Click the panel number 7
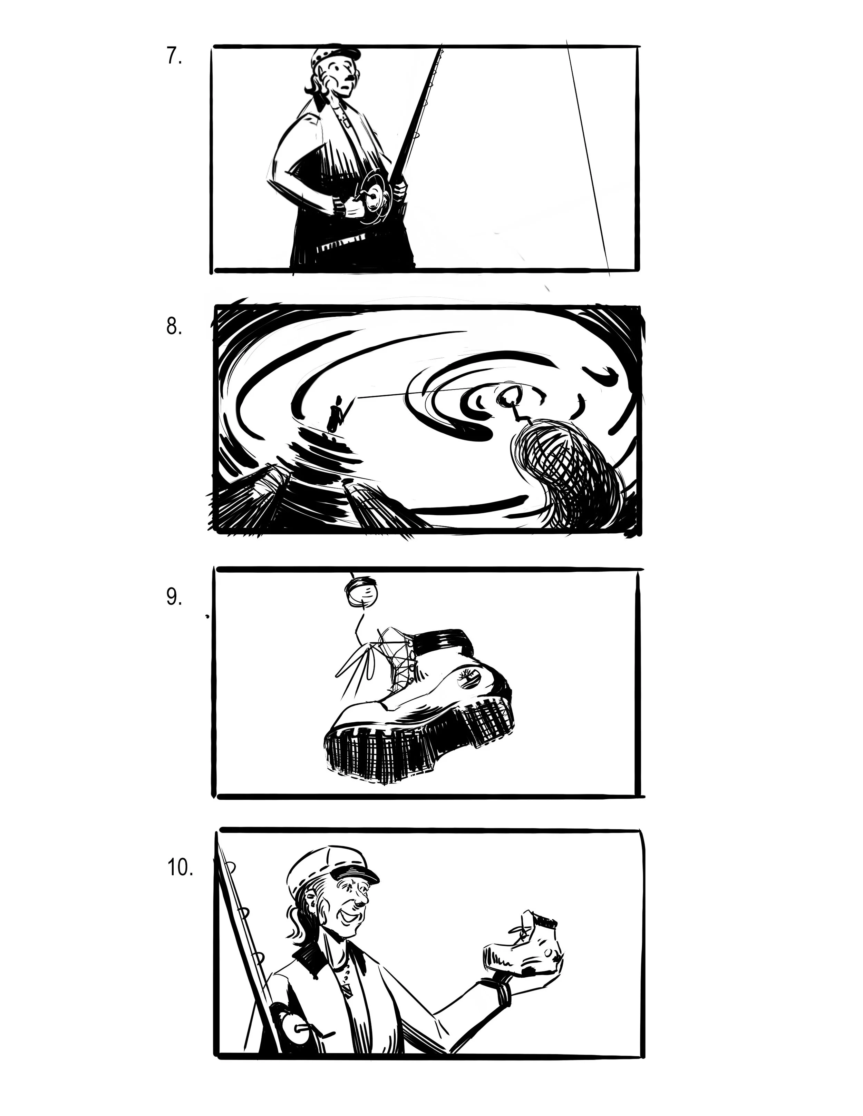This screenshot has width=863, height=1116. [174, 56]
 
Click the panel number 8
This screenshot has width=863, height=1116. [174, 326]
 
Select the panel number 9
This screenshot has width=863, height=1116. [174, 596]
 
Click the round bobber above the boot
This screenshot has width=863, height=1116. [362, 591]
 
